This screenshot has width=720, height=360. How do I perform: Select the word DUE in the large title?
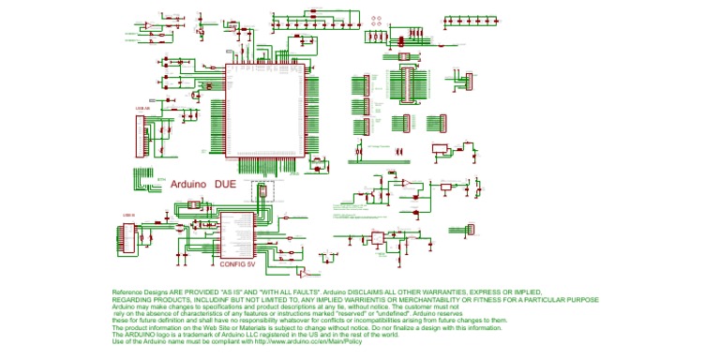(226, 185)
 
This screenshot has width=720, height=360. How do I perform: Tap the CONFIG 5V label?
(237, 265)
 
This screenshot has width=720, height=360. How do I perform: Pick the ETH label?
(161, 178)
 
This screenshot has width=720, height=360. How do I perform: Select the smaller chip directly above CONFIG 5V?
(236, 235)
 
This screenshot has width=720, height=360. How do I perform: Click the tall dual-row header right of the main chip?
(408, 85)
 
